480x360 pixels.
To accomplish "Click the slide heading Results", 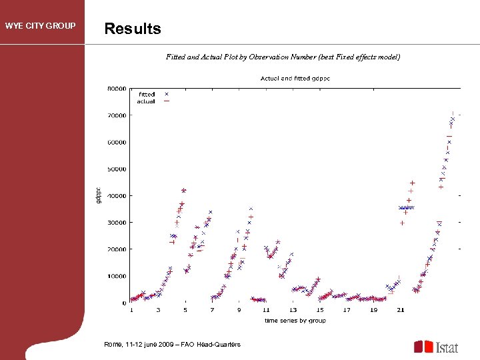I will coord(133,29).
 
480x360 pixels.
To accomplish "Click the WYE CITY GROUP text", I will coord(41,27).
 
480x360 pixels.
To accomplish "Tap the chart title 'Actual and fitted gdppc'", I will coord(295,78).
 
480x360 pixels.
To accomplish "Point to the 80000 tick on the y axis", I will coord(117,88).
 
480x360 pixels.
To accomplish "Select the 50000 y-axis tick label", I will coord(117,169).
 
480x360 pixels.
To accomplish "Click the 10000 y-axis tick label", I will coord(117,276).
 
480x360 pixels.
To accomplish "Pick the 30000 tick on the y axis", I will coord(117,223).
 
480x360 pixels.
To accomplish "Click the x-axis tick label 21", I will coord(400,310).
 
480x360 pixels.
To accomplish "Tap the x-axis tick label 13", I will coord(293,310).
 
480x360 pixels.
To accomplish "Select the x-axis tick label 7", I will coord(212,310).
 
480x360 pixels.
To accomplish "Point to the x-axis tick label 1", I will coord(131,310).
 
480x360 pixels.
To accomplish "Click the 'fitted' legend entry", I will coord(147,95).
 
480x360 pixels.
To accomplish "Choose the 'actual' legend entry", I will coord(147,101).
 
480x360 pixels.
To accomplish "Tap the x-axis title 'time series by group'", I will coord(295,321).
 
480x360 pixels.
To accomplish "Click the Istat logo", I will coord(437,347).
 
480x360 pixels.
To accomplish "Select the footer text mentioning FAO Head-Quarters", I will coord(172,344).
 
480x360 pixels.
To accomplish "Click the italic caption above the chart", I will coord(283,57).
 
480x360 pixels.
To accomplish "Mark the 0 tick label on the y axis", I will coord(124,303).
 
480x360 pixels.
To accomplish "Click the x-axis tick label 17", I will coord(347,310).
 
